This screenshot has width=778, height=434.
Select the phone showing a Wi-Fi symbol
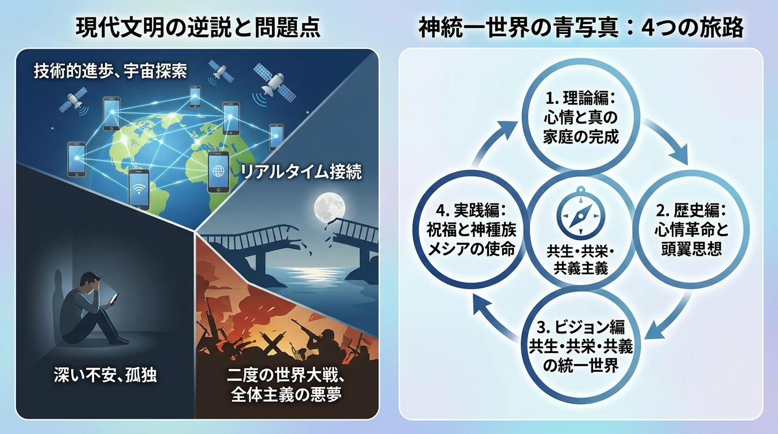coord(139,189)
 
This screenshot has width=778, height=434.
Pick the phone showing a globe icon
coord(218,172)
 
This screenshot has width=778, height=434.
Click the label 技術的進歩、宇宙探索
coord(110,71)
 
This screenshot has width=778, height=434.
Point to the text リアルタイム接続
coord(301,172)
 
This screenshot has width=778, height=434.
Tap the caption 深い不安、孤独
coord(106,375)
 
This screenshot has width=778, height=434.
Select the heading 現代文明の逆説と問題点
coord(198,27)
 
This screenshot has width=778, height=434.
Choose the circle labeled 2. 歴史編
coord(690,230)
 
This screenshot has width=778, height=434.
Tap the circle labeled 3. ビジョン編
coord(580,345)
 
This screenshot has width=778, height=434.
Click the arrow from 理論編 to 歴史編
coord(668,138)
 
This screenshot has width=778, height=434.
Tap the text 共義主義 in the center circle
coord(581,268)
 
